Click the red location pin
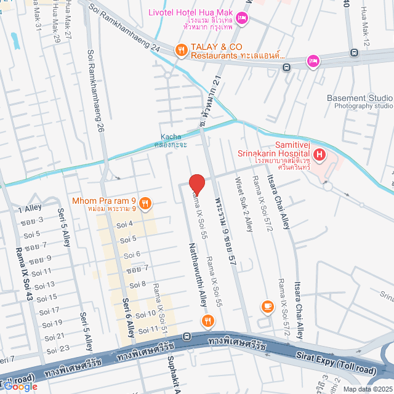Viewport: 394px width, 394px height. point(196,184)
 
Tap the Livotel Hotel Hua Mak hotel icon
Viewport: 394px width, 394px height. point(243,19)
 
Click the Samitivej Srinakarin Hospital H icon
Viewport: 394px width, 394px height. point(319,154)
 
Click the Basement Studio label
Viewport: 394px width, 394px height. point(359,98)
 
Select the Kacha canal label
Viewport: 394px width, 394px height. point(171,137)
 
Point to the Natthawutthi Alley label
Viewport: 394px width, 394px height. point(196,273)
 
